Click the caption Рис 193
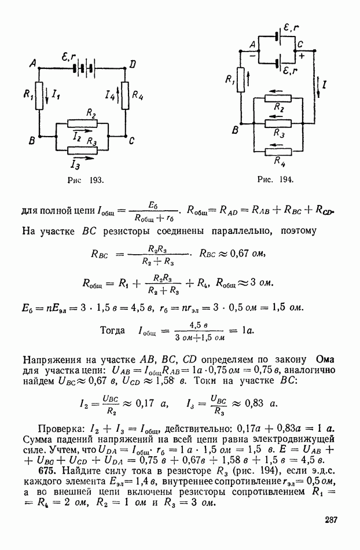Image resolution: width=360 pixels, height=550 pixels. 86,180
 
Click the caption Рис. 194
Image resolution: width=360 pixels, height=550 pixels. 275,179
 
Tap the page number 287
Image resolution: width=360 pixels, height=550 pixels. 330,519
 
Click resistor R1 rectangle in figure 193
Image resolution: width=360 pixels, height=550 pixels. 39,96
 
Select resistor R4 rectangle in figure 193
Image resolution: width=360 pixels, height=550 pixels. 126,96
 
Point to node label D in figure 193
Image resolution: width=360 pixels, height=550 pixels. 133,65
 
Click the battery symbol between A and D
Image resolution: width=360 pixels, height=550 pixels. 84,68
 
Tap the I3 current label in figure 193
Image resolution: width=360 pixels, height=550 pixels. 75,164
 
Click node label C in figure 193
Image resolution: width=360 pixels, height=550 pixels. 132,141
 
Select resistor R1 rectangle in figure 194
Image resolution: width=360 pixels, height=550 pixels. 240,80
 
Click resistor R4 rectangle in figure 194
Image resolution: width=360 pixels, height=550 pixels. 278,152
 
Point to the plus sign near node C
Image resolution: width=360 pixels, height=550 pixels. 302,56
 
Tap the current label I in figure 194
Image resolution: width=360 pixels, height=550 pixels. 325,84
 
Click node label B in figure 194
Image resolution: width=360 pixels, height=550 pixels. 235,130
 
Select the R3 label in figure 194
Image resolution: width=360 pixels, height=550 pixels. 280,133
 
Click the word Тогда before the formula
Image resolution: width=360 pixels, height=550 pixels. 112,331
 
